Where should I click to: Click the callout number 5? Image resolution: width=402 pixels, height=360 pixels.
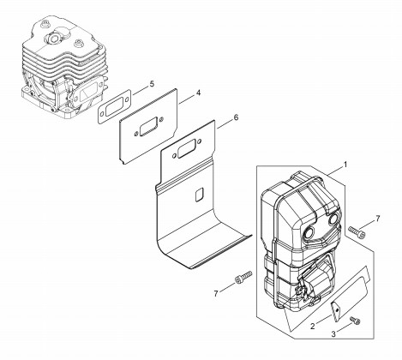[152, 84]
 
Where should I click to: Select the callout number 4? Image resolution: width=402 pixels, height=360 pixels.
[198, 93]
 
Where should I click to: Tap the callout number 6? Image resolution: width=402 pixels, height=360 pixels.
[236, 117]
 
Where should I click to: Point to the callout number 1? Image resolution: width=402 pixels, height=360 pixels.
[345, 165]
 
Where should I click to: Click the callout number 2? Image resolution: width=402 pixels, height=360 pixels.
[313, 326]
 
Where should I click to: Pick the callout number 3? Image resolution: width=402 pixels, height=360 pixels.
[333, 334]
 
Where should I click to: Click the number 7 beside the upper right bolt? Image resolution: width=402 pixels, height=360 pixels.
[378, 219]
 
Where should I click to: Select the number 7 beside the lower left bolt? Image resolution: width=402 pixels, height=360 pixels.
[216, 293]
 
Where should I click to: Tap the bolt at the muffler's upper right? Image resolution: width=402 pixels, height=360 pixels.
[357, 232]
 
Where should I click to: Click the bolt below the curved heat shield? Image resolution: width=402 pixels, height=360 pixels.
[243, 277]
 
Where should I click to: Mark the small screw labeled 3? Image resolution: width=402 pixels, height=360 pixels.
[355, 321]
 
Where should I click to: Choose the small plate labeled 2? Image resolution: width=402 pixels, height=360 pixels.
[336, 310]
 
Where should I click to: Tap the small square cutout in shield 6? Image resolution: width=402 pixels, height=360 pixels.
[199, 195]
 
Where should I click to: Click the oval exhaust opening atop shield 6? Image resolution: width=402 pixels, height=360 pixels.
[186, 149]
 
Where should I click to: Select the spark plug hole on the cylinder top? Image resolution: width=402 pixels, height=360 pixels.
[52, 38]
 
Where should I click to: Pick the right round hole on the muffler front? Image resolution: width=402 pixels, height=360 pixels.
[333, 219]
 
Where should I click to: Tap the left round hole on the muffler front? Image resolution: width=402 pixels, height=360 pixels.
[309, 232]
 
